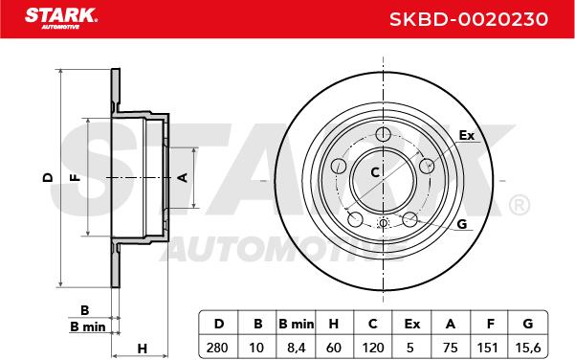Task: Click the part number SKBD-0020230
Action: [469, 19]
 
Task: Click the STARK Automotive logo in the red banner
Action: [61, 18]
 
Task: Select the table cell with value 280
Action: [218, 347]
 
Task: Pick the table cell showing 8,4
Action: [296, 347]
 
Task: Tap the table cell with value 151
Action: [488, 347]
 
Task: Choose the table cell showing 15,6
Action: [528, 347]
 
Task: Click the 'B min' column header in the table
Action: [296, 324]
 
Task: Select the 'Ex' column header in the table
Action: [411, 324]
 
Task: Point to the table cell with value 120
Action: [372, 347]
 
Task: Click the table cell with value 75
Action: [451, 347]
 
